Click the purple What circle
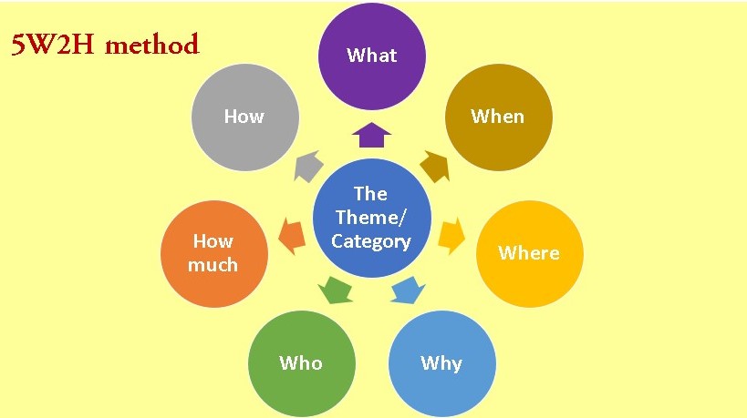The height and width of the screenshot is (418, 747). [x=371, y=56]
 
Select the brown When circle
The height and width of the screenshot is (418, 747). [x=498, y=117]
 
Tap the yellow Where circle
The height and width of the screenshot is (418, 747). [x=529, y=252]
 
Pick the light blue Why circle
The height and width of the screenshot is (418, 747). [x=441, y=363]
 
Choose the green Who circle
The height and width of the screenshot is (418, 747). [x=301, y=363]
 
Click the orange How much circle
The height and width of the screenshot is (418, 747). [x=213, y=252]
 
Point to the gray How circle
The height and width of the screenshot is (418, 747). [x=244, y=117]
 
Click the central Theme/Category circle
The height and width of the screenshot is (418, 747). [x=371, y=218]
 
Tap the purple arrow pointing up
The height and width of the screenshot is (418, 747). [x=371, y=136]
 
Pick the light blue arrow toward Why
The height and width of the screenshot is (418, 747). [x=407, y=291]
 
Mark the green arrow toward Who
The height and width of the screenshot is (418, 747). [x=335, y=291]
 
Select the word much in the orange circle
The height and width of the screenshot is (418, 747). [x=213, y=265]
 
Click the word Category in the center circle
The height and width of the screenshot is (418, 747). [x=371, y=241]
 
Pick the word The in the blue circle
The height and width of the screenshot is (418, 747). [x=371, y=193]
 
